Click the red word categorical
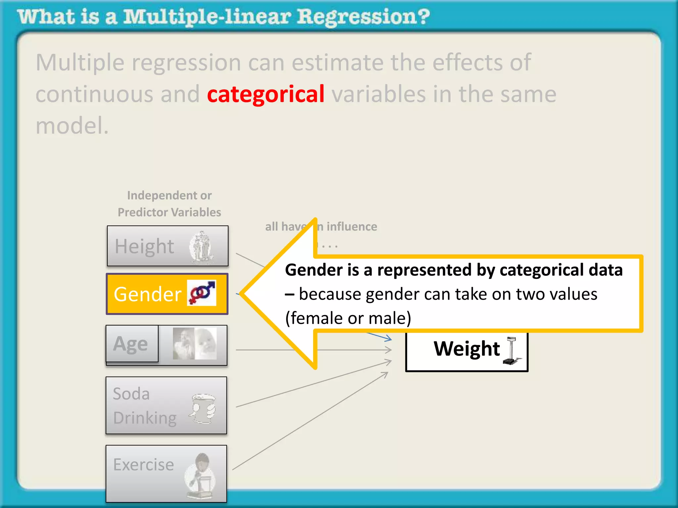coord(266,95)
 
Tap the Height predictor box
coord(168,246)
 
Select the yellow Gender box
coord(167,294)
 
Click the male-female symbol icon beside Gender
coord(202,293)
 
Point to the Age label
coord(131,344)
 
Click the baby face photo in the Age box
coord(206,343)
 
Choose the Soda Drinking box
coord(166,405)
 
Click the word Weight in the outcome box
coord(467,349)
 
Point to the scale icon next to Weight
coord(511,351)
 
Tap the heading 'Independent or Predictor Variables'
coord(169,204)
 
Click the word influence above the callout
coord(352,227)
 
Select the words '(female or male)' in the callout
coord(348,318)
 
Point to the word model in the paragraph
coord(72,126)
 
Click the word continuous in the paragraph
coord(94,95)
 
